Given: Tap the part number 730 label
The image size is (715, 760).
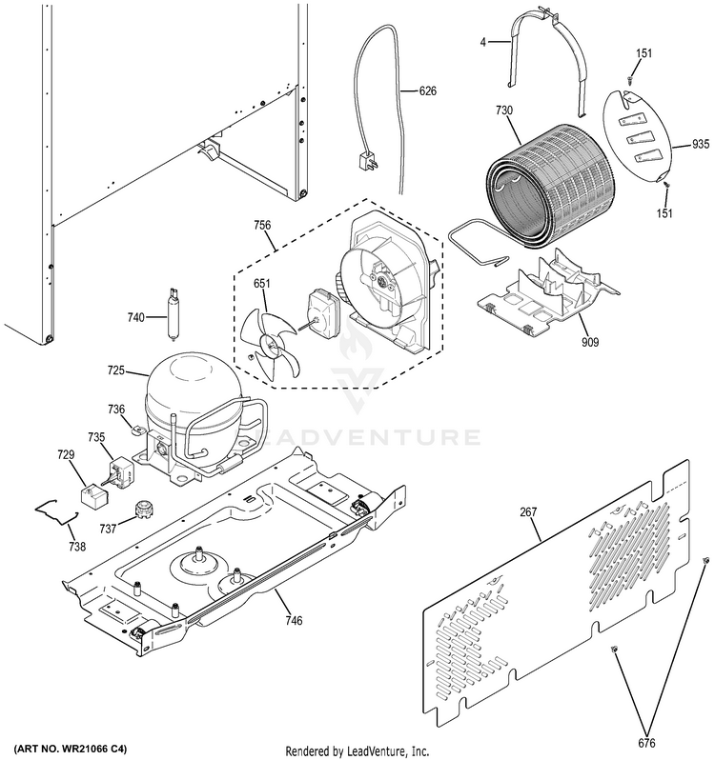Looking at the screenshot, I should point(503,110).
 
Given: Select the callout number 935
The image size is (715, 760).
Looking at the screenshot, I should point(701,146).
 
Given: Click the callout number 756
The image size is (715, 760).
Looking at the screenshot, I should point(261,225).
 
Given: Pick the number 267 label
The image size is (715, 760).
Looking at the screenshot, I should point(528,513).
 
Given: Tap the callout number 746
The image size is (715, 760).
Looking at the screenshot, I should point(293,621).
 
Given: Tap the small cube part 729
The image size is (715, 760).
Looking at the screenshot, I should point(92,495).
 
